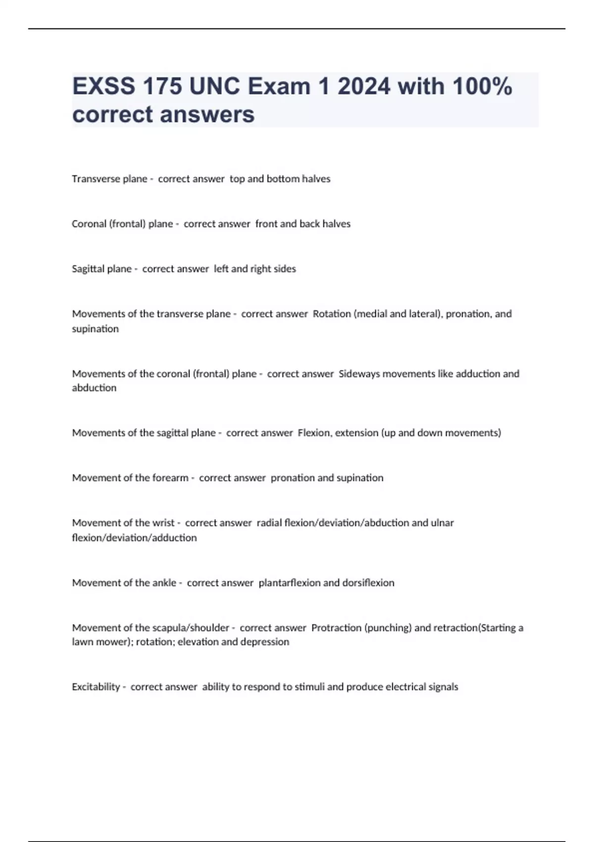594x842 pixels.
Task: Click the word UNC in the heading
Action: pos(215,87)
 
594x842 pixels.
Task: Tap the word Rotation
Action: pos(332,314)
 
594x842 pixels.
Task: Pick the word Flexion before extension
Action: pos(314,433)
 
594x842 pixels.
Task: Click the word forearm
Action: pos(170,478)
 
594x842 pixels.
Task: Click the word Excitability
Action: pos(96,687)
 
